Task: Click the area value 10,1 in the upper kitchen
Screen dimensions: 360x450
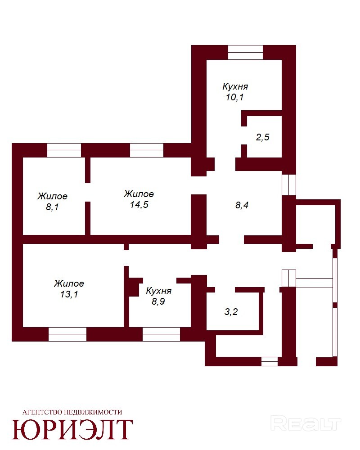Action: pyautogui.click(x=234, y=97)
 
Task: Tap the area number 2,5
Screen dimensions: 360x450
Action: pyautogui.click(x=263, y=137)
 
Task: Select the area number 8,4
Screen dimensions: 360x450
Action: pyautogui.click(x=242, y=205)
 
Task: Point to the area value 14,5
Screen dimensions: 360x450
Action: pyautogui.click(x=139, y=205)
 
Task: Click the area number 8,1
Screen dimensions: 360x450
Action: pyautogui.click(x=52, y=207)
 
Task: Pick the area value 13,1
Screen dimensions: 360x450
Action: pyautogui.click(x=69, y=294)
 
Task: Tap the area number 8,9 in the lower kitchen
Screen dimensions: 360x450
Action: pyautogui.click(x=158, y=301)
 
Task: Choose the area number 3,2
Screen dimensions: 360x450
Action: pyautogui.click(x=231, y=311)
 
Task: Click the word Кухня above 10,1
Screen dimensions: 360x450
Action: pyautogui.click(x=235, y=86)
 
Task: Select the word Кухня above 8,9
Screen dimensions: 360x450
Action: pyautogui.click(x=159, y=291)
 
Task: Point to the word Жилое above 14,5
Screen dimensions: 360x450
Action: pyautogui.click(x=139, y=194)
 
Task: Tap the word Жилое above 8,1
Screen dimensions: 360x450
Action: pyautogui.click(x=53, y=196)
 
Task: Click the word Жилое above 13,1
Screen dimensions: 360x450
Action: pyautogui.click(x=69, y=283)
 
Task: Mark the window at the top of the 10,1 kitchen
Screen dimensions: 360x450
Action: pyautogui.click(x=245, y=52)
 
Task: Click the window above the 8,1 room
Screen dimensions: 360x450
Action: pyautogui.click(x=64, y=150)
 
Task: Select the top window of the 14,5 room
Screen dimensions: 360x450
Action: pyautogui.click(x=147, y=150)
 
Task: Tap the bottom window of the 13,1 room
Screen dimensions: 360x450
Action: pyautogui.click(x=67, y=334)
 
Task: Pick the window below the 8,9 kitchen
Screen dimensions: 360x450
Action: pyautogui.click(x=162, y=334)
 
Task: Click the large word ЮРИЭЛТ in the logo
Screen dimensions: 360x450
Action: pyautogui.click(x=72, y=429)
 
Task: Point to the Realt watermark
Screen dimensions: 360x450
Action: pyautogui.click(x=306, y=423)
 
